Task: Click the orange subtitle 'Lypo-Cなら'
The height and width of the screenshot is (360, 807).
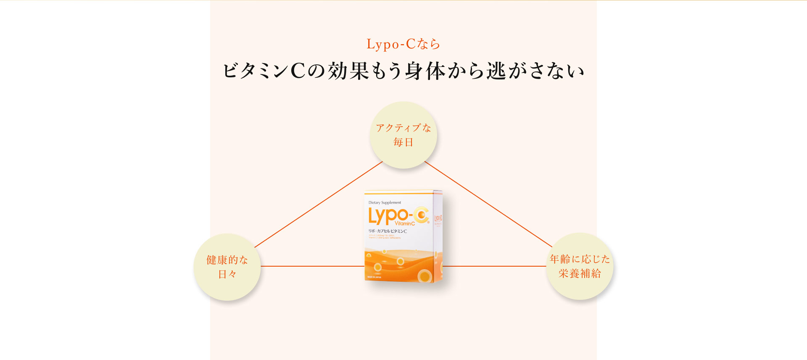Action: point(403,44)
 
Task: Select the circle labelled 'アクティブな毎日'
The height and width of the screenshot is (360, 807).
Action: point(403,135)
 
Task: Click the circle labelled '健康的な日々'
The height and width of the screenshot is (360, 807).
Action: point(227,267)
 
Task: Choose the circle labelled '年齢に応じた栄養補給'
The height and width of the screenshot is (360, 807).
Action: point(580,266)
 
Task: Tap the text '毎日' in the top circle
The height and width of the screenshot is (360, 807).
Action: point(403,142)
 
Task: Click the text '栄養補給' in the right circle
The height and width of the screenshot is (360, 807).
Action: point(580,273)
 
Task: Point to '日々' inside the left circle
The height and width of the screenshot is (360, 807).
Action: point(227,274)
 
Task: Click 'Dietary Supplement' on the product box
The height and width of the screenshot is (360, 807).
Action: point(385,203)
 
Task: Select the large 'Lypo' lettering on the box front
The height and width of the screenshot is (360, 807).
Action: point(388,216)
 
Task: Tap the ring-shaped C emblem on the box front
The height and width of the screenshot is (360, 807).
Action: point(421,215)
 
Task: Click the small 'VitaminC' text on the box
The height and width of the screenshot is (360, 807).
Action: point(405,224)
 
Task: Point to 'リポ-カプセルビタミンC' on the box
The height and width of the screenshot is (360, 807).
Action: point(388,231)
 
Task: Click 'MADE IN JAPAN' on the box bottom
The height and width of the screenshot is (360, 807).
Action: point(374,277)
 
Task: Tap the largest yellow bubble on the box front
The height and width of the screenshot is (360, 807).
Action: point(425,276)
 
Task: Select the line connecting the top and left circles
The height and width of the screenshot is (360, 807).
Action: point(318,204)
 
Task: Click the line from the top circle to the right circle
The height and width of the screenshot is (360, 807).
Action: point(488,204)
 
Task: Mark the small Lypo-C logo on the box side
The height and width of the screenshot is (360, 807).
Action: point(438,218)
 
